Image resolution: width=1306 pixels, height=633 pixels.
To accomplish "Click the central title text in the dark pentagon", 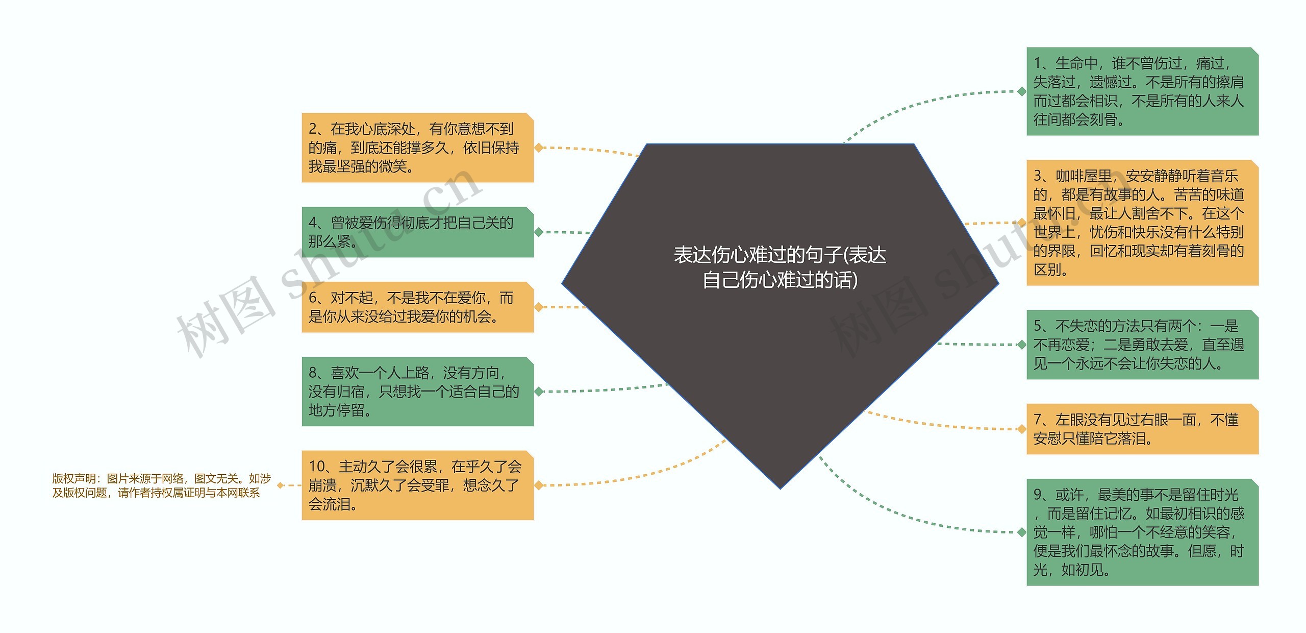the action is click(x=780, y=267).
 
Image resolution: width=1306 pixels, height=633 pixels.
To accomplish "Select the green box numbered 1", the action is click(x=1142, y=91).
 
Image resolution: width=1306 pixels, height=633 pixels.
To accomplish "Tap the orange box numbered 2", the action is click(x=417, y=148).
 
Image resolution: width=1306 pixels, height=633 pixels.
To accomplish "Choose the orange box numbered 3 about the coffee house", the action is click(x=1142, y=223).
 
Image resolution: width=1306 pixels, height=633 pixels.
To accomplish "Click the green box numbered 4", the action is click(x=417, y=232).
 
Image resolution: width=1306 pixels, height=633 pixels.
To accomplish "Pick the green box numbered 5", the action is click(x=1142, y=345).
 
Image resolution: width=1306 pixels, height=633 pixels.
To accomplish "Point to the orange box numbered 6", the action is click(x=417, y=307).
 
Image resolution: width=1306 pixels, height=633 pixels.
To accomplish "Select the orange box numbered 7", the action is click(x=1142, y=429).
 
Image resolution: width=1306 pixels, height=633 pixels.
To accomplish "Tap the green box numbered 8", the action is click(x=417, y=391).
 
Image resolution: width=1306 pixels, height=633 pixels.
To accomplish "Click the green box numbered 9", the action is click(x=1142, y=532).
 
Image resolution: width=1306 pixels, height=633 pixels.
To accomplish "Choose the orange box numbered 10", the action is click(x=417, y=485).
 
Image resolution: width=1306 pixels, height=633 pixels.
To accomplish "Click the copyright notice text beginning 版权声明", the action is click(x=161, y=485).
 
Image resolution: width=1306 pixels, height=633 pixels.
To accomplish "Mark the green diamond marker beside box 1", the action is click(x=1021, y=91).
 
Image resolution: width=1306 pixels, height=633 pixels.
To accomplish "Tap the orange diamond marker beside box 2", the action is click(x=539, y=148).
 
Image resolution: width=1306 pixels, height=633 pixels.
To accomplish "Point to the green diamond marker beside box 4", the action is click(x=539, y=232).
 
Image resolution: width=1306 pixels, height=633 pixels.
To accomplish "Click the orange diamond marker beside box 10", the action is click(x=539, y=485).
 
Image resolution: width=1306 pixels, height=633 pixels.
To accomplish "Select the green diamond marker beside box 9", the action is click(x=1021, y=532).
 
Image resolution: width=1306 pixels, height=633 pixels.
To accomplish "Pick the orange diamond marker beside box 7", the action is click(x=1021, y=429).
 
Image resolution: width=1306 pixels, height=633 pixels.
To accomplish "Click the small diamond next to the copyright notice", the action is click(x=280, y=485).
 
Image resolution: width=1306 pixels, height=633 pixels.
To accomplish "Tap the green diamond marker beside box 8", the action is click(x=539, y=391).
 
